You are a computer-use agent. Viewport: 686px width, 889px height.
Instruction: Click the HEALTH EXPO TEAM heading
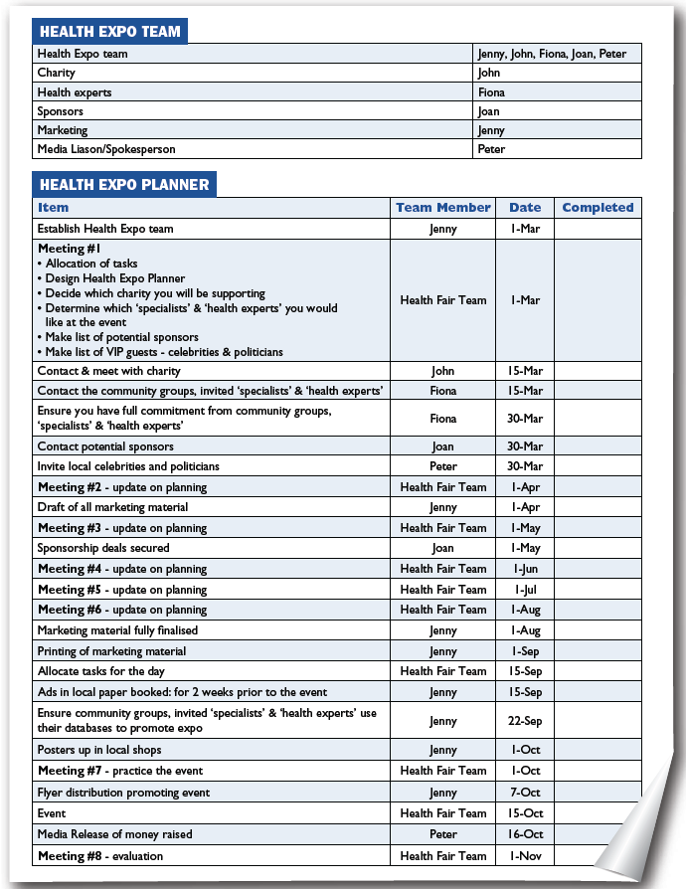pyautogui.click(x=109, y=31)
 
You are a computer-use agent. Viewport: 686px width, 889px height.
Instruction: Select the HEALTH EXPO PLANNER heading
pyautogui.click(x=123, y=184)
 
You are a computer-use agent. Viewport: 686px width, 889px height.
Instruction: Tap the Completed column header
pyautogui.click(x=598, y=208)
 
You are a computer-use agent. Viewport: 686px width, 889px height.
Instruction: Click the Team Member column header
pyautogui.click(x=442, y=208)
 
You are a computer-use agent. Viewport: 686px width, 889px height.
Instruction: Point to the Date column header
pyautogui.click(x=525, y=208)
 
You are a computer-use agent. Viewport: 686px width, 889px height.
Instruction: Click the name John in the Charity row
pyautogui.click(x=488, y=73)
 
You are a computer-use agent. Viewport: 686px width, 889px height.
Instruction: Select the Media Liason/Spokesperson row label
pyautogui.click(x=106, y=149)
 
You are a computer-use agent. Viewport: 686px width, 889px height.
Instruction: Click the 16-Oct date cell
pyautogui.click(x=525, y=834)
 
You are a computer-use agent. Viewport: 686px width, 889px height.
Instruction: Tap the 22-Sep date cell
pyautogui.click(x=525, y=722)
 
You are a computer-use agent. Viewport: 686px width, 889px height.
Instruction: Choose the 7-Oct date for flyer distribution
pyautogui.click(x=525, y=793)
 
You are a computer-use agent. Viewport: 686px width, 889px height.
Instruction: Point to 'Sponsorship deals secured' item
pyautogui.click(x=103, y=548)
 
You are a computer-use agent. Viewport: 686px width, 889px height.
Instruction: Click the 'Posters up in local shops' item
pyautogui.click(x=99, y=750)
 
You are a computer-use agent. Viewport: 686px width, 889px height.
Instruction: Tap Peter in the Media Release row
pyautogui.click(x=443, y=834)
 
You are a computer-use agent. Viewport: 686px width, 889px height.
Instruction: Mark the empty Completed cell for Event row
pyautogui.click(x=598, y=813)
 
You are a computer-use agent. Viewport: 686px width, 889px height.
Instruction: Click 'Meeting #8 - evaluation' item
pyautogui.click(x=100, y=855)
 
